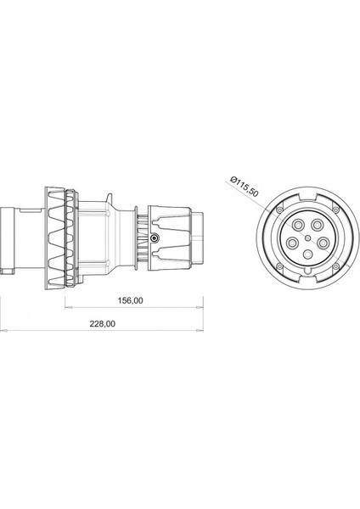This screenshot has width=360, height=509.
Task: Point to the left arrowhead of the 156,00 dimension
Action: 66,306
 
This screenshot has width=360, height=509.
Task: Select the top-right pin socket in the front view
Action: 317,225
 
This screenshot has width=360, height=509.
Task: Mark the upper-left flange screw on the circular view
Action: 279,210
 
